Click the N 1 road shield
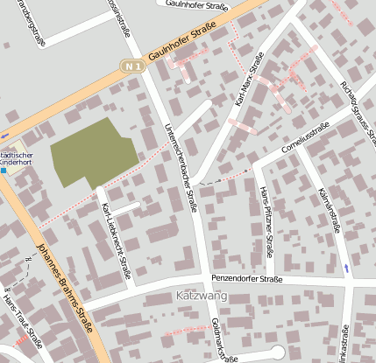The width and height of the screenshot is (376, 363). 132,66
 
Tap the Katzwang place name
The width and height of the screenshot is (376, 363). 202,297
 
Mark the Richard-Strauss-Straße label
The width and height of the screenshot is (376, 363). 358,110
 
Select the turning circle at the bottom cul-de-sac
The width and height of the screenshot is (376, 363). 278,352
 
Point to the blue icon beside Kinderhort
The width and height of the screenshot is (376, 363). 4,171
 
